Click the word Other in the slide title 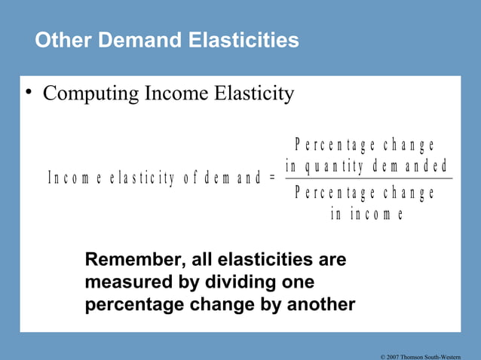[x=60, y=39]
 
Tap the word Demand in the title [x=127, y=39]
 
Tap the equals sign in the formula [x=271, y=178]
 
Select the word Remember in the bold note [x=130, y=260]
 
